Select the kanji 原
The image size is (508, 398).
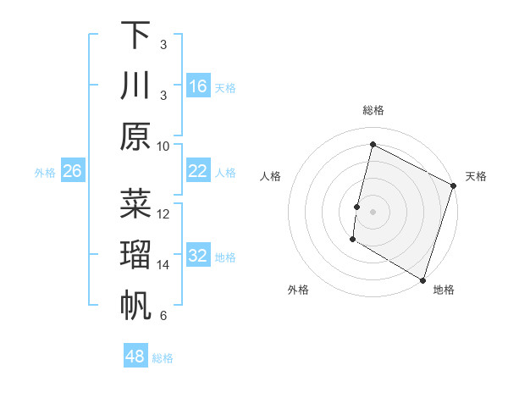135,135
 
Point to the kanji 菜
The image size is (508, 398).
135,204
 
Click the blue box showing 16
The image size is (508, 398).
197,86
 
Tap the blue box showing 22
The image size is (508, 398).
197,172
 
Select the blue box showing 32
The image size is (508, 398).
197,257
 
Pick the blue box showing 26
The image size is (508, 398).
72,172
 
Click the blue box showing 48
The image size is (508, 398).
135,357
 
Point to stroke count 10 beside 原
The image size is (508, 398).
163,146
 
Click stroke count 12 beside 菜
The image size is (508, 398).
163,214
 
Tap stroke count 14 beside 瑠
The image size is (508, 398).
163,265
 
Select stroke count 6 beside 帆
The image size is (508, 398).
163,316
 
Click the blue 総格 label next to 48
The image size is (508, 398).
163,358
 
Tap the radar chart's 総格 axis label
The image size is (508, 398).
373,110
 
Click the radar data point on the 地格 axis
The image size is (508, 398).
422,279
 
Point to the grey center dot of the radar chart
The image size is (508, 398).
373,211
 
